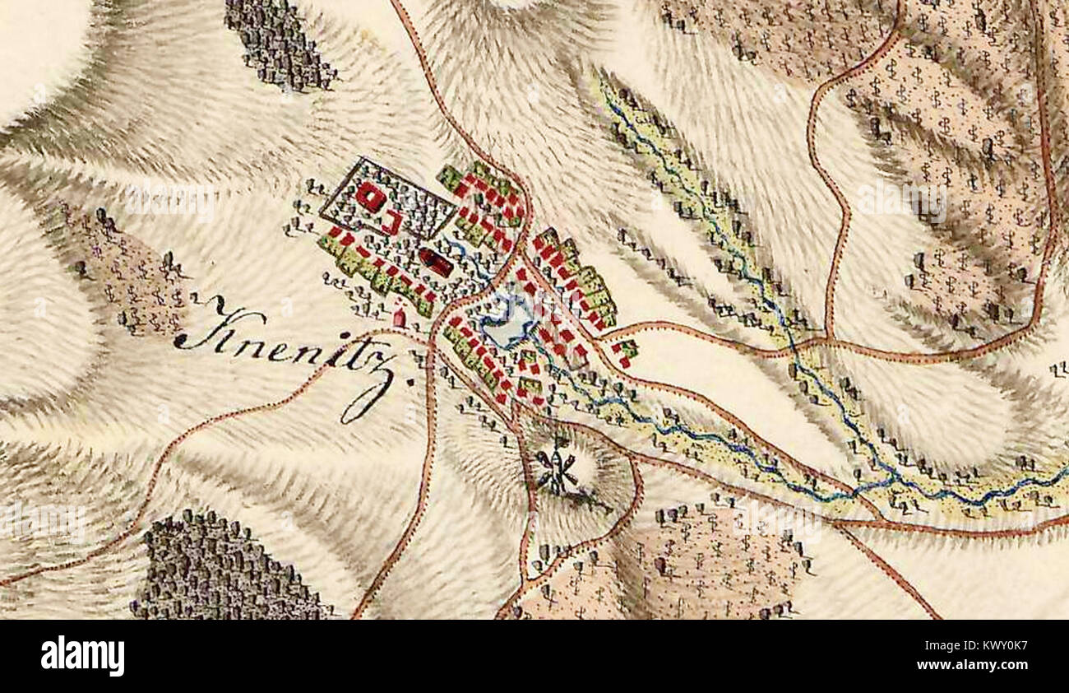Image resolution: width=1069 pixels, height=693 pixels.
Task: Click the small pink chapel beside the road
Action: [400, 315]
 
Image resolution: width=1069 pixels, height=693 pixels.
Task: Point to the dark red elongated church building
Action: [436, 263]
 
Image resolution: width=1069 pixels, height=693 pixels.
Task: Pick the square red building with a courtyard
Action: [371, 198]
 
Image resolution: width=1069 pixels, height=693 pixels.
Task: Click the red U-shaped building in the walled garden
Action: [392, 221]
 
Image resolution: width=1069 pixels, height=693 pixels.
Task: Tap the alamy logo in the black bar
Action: [82, 656]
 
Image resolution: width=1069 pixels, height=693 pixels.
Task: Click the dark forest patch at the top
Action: [280, 45]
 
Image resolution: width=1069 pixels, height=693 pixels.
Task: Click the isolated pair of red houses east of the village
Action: [624, 352]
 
